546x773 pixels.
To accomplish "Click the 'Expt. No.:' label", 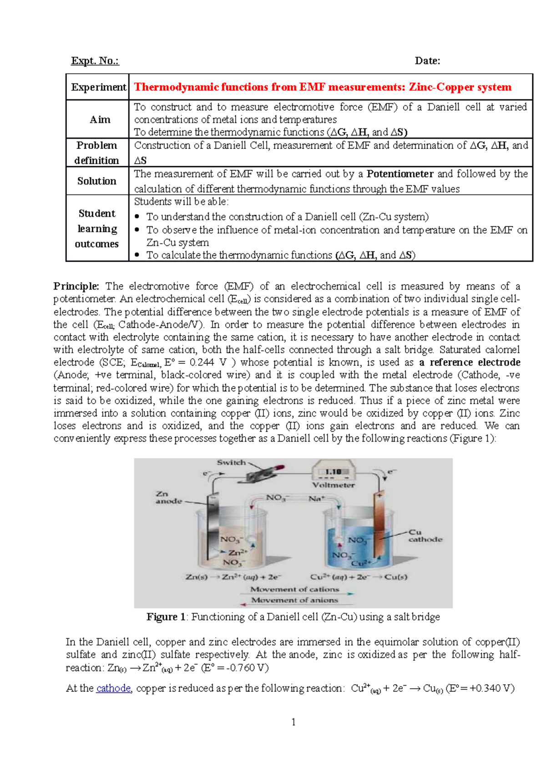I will [x=95, y=61].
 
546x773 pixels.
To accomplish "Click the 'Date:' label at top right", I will [x=427, y=61].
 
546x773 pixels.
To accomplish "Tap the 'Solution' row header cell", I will [x=97, y=181].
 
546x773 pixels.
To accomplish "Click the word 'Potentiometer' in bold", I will [x=400, y=174].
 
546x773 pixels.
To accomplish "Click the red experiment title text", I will [x=323, y=87].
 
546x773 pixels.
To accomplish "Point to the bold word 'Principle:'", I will [x=76, y=286].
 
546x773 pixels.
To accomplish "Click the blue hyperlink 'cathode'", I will [x=113, y=688].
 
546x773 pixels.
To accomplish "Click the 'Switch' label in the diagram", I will [x=231, y=463].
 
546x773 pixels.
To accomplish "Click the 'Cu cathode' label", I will [x=424, y=536].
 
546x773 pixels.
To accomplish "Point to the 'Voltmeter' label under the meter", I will [x=334, y=485].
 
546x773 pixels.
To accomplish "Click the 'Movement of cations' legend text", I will [x=295, y=589].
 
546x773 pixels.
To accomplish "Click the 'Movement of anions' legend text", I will [x=294, y=600].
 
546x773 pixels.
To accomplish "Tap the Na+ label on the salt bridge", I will [x=316, y=498].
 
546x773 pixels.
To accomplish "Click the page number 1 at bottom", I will [x=293, y=722].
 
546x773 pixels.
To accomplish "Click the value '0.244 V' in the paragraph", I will [x=208, y=363].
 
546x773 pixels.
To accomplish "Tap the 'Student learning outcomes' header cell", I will [x=97, y=229].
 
